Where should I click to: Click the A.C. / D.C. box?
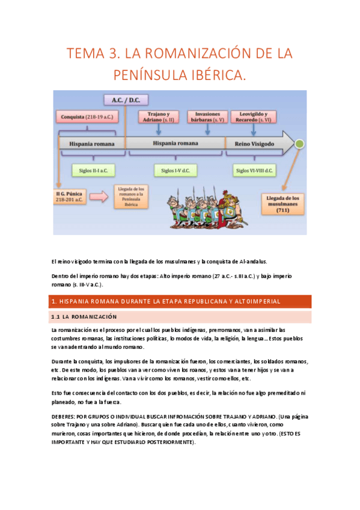click(x=126, y=100)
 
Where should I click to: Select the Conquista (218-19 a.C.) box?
click(x=85, y=117)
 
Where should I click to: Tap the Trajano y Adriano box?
click(x=159, y=117)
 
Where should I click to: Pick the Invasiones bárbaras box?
click(x=207, y=117)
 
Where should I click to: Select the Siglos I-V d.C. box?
click(x=175, y=171)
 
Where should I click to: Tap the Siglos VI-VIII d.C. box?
click(x=254, y=171)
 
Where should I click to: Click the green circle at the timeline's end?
click(x=300, y=144)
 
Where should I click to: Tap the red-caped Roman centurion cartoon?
click(x=227, y=198)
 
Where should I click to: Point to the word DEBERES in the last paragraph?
click(x=65, y=416)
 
